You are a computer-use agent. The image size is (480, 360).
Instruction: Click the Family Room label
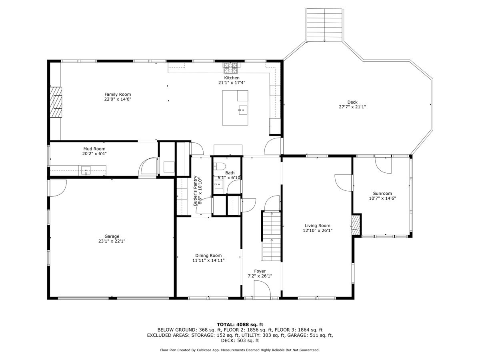(x=118, y=94)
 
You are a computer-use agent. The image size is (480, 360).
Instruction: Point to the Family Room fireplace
(x=56, y=102)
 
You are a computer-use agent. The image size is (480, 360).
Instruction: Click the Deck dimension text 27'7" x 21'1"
(x=352, y=107)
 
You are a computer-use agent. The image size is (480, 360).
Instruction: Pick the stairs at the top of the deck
(x=324, y=25)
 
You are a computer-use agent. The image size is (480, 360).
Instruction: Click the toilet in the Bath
(x=220, y=167)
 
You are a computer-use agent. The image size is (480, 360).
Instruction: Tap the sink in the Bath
(x=218, y=184)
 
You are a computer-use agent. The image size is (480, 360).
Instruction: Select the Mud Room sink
(x=86, y=171)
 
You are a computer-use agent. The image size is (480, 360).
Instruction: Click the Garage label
(x=112, y=236)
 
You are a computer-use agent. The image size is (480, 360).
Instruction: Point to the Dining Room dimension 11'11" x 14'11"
(x=208, y=260)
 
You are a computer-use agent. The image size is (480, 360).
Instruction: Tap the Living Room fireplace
(x=355, y=225)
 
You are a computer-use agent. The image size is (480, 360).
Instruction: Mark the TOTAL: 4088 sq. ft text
(x=240, y=324)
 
